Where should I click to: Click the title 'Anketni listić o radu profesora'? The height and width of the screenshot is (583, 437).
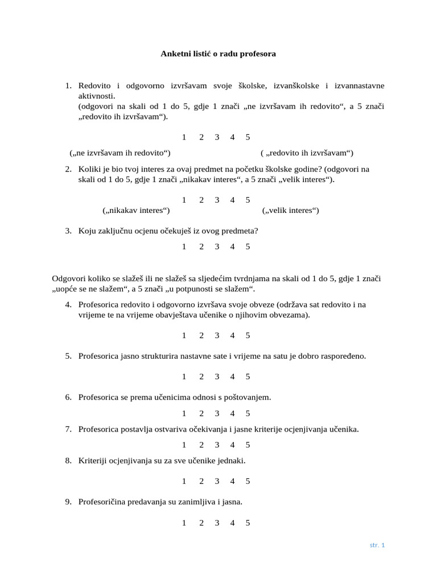(x=218, y=54)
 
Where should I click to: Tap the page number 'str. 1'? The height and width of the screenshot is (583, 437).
(x=377, y=545)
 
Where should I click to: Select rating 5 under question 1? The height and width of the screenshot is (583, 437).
(x=248, y=137)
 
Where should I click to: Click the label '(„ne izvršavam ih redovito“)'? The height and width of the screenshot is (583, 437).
(x=120, y=153)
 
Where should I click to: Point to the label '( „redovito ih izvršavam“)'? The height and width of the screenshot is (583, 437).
(x=307, y=153)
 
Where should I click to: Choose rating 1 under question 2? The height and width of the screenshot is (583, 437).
(x=184, y=200)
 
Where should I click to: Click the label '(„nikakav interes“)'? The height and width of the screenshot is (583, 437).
(x=136, y=210)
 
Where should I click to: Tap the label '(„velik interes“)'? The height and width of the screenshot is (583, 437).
(x=290, y=210)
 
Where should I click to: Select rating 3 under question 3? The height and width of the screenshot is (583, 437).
(x=217, y=247)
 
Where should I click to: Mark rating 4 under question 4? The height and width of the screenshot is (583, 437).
(x=232, y=335)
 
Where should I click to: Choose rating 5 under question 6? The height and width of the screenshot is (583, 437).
(x=248, y=413)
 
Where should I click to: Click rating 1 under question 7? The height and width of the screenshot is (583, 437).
(x=184, y=445)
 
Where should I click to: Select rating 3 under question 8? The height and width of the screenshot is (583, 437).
(x=217, y=481)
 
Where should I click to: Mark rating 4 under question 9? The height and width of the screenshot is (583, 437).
(x=232, y=522)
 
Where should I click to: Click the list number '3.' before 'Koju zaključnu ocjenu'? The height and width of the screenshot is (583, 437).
(x=68, y=231)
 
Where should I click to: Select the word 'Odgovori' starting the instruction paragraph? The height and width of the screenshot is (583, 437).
(x=68, y=278)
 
